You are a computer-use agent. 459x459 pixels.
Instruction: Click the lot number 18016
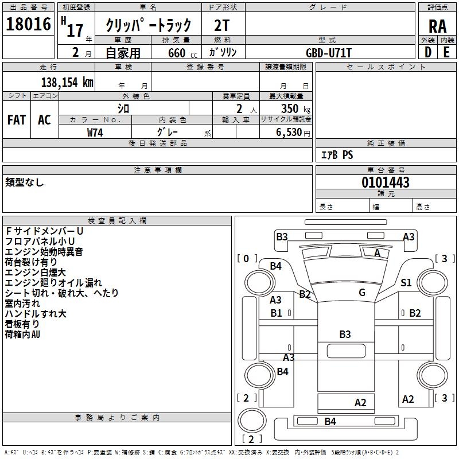[28, 25]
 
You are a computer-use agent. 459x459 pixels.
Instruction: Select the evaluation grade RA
[437, 26]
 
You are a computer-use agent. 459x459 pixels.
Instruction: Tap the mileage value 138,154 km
[67, 82]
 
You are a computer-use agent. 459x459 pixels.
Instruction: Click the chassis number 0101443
[385, 183]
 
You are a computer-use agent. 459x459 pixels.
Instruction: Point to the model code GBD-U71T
[329, 53]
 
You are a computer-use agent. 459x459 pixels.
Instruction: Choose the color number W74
[95, 132]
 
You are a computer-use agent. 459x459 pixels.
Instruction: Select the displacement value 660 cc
[176, 53]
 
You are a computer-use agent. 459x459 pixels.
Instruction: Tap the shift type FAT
[17, 119]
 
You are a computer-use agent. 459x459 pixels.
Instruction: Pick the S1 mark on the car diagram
[406, 282]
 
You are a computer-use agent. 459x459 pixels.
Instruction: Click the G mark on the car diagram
[362, 293]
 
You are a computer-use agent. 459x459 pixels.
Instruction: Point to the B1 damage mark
[276, 313]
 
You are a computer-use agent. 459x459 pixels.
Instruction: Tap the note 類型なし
[25, 182]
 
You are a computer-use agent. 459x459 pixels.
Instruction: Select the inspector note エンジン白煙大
[35, 272]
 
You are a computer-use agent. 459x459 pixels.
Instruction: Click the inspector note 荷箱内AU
[23, 334]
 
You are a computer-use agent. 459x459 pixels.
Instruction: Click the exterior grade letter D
[427, 52]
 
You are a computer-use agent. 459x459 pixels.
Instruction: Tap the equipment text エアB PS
[337, 155]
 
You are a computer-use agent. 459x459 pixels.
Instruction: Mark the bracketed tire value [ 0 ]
[247, 259]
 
